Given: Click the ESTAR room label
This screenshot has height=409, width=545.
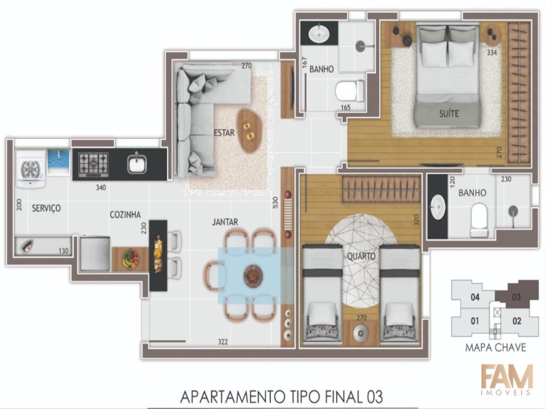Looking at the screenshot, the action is click(224, 133).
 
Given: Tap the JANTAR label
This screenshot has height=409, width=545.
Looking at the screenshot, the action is click(225, 222).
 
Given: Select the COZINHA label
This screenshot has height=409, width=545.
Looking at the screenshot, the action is click(125, 214).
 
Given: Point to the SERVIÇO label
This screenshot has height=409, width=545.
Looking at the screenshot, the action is click(46, 208).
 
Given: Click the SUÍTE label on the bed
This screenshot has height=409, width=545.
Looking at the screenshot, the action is click(449, 113).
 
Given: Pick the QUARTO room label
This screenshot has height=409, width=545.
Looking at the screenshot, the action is click(362, 256).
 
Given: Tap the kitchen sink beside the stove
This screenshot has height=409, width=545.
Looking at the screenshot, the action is click(137, 164).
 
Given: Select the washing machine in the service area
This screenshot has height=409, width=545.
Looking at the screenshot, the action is click(31, 169).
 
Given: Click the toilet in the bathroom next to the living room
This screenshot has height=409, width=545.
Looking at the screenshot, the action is click(350, 92).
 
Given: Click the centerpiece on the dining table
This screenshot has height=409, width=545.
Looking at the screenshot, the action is click(253, 276).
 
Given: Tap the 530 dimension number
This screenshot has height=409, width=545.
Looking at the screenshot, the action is click(275, 202).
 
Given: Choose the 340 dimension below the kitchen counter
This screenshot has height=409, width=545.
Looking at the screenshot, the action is click(101, 188).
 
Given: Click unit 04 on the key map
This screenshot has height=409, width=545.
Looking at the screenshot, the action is click(475, 297).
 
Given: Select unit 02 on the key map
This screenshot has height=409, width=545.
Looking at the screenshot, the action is click(517, 321).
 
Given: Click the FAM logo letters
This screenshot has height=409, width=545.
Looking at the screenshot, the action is click(507, 376).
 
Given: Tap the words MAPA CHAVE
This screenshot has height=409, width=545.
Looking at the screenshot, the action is click(496, 348).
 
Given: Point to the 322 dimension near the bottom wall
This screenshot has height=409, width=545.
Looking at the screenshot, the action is click(223, 342).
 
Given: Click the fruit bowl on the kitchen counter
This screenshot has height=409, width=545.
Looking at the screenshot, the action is click(130, 259).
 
